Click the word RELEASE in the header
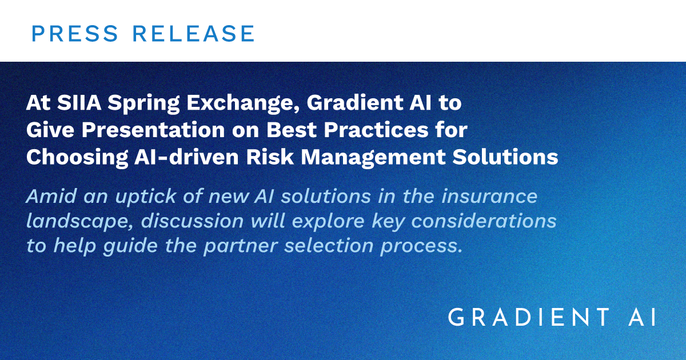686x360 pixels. pyautogui.click(x=193, y=34)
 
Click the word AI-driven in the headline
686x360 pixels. pyautogui.click(x=174, y=157)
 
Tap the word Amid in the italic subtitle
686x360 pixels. pyautogui.click(x=49, y=196)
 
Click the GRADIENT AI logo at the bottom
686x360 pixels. pyautogui.click(x=552, y=317)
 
